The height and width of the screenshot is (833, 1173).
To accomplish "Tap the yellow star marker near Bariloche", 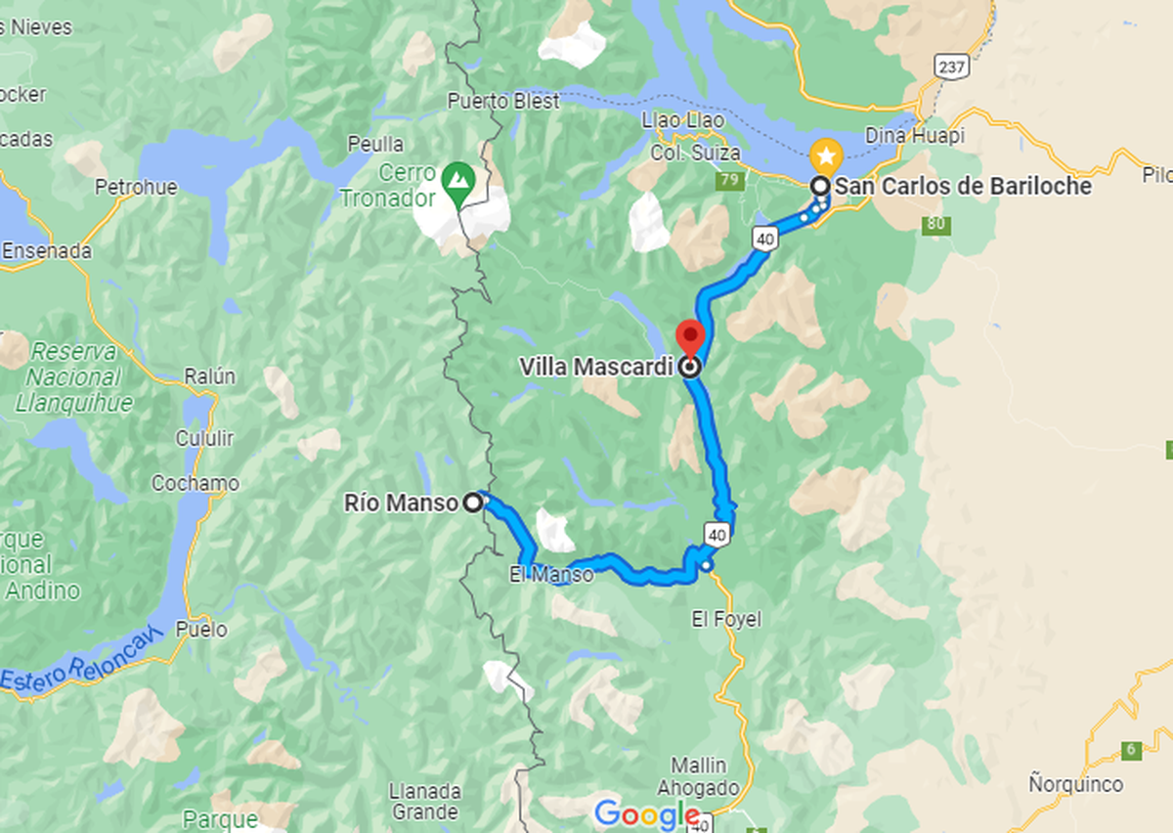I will pos(826,154).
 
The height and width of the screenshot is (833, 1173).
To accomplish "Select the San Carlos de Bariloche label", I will pos(963,186).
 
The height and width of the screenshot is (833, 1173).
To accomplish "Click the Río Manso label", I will pos(401,504).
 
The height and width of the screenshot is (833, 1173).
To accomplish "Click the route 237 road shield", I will pos(950,66).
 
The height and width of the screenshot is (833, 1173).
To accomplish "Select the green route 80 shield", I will pos(935,224).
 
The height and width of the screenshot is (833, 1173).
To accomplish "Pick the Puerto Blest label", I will pos(503,101).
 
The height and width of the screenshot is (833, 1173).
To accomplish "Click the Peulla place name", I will pos(375,144).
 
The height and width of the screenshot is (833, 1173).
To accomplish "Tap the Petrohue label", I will pos(136,186).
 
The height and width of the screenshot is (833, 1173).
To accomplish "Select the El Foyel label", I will pos(725,619).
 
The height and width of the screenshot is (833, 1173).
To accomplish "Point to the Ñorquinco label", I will pos(1075,784).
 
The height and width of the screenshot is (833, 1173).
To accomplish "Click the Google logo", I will pos(646,813).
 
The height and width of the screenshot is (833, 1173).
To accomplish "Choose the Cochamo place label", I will pos(195,483).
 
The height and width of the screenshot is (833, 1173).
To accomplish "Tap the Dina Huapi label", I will pos(915,136).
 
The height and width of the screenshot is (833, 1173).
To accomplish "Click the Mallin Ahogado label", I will pos(698,776).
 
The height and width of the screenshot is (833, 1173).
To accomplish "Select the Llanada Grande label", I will pos(423,801).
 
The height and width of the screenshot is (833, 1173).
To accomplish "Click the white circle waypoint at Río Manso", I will pos(473,504).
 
